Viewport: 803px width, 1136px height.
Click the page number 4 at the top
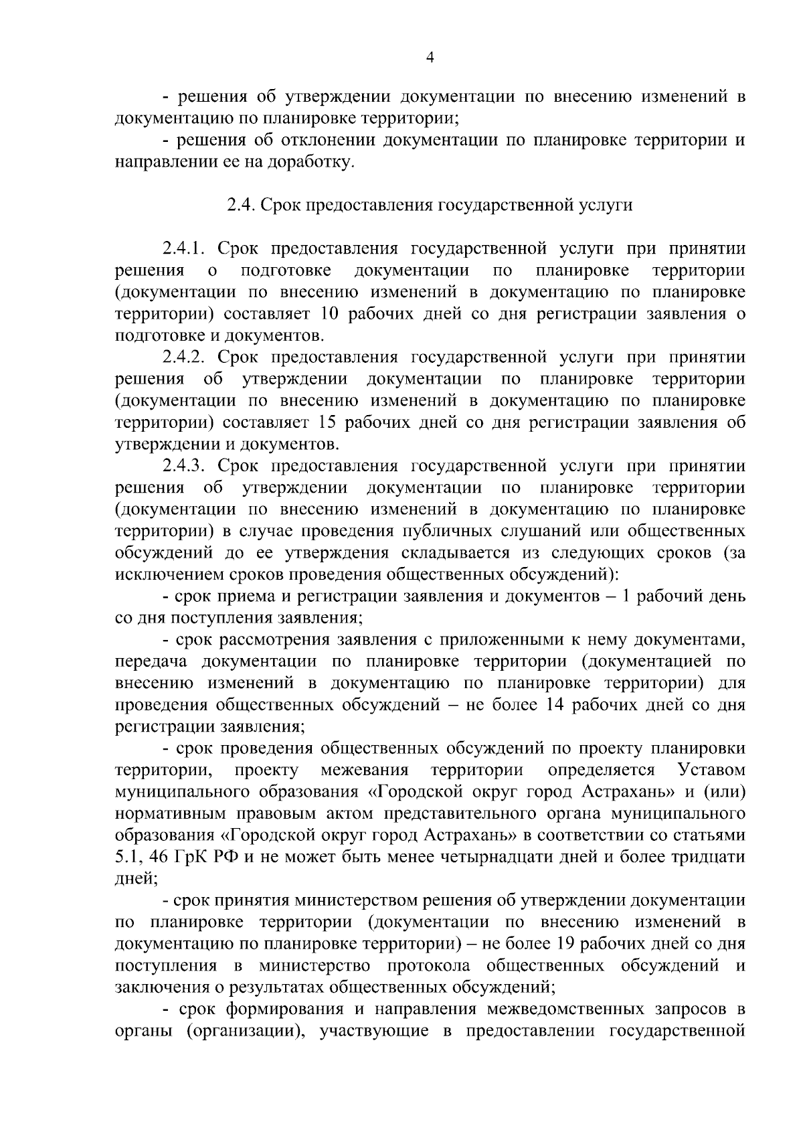click(x=430, y=58)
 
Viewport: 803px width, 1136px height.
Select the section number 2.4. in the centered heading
click(x=239, y=206)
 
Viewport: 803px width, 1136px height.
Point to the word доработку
click(x=311, y=162)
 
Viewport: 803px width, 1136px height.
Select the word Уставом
click(x=711, y=770)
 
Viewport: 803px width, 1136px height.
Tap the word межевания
click(x=365, y=770)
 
